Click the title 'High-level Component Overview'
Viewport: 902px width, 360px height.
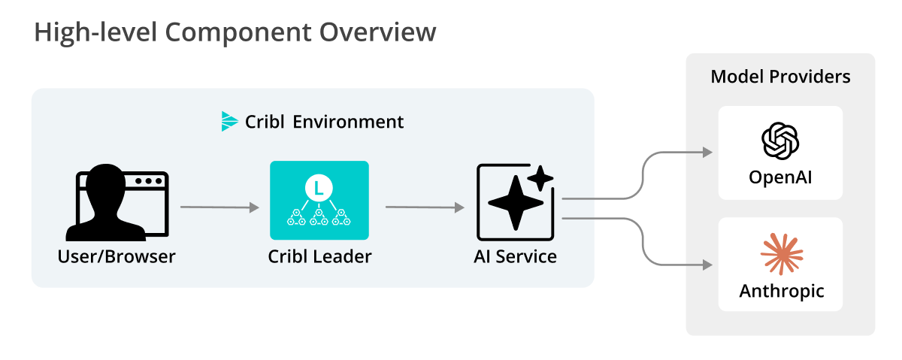pos(235,33)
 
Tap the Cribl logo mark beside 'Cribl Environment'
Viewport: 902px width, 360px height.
pos(229,121)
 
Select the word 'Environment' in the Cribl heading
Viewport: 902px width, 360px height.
pos(348,122)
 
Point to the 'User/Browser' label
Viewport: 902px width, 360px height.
pos(117,256)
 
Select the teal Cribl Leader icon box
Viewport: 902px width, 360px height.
pos(319,200)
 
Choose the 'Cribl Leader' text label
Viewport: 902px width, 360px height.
pos(319,256)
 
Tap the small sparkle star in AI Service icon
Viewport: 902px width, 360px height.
pos(540,178)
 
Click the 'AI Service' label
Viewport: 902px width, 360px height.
pos(515,256)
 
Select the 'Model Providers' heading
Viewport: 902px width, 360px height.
pos(780,77)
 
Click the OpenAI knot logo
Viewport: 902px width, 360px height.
pos(780,141)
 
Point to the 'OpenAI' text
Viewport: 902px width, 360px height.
pos(780,178)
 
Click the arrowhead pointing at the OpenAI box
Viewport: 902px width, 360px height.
pos(707,153)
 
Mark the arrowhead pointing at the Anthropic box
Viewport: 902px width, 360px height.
pos(707,265)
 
